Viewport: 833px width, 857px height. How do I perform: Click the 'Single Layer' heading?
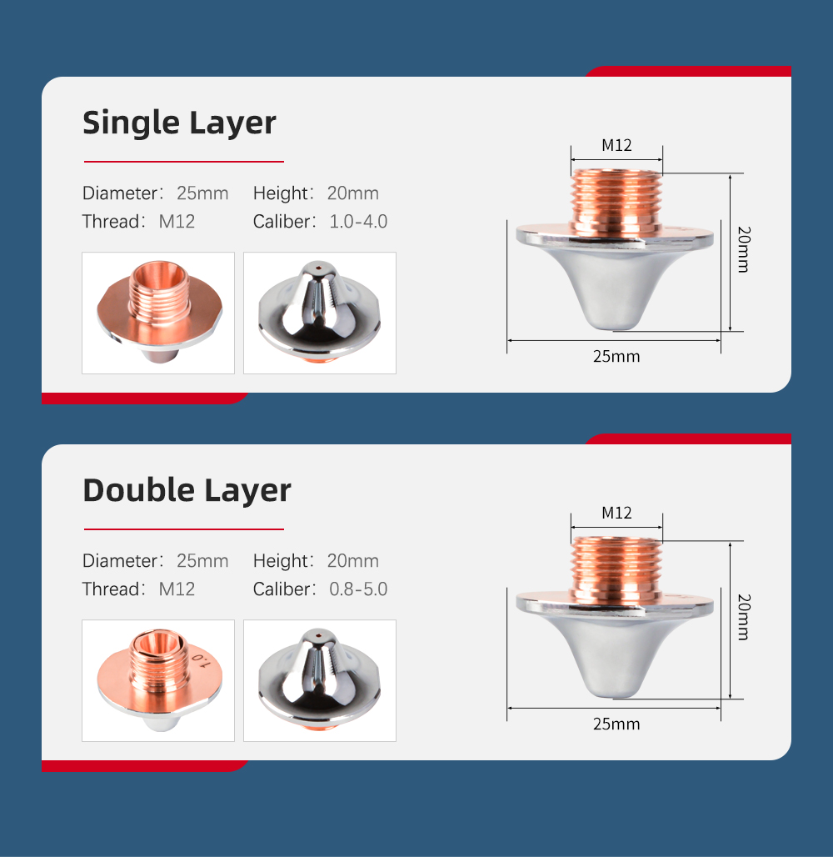(x=179, y=123)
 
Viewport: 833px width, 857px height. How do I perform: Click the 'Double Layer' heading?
(x=187, y=490)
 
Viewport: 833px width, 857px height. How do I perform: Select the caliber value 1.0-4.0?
(x=358, y=222)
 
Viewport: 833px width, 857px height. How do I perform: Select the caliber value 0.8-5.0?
(x=358, y=589)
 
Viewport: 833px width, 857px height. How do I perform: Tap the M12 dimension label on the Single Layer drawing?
(x=616, y=145)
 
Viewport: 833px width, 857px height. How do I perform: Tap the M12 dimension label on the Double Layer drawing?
(x=616, y=513)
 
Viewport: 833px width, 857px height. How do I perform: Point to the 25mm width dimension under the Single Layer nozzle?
(x=616, y=356)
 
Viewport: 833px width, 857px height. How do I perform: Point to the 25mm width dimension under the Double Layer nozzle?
(x=616, y=724)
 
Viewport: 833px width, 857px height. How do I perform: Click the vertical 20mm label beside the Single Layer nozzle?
(x=744, y=249)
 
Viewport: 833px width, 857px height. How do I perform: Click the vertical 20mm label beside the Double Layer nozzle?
(x=744, y=617)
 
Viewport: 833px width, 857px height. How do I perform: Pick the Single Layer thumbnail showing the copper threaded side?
(x=158, y=313)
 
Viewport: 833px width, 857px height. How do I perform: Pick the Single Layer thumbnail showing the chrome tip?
(x=320, y=313)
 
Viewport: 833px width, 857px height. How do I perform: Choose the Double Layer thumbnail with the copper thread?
(x=158, y=680)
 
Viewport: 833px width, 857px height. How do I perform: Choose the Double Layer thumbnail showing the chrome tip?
(x=320, y=680)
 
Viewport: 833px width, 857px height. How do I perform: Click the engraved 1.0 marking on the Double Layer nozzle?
(x=201, y=660)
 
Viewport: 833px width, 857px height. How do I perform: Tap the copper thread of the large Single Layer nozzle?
(x=616, y=203)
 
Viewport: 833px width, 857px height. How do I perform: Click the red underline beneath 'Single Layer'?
(x=183, y=162)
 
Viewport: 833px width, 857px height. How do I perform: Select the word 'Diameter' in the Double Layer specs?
(x=120, y=561)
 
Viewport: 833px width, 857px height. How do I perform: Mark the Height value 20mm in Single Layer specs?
(x=353, y=193)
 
